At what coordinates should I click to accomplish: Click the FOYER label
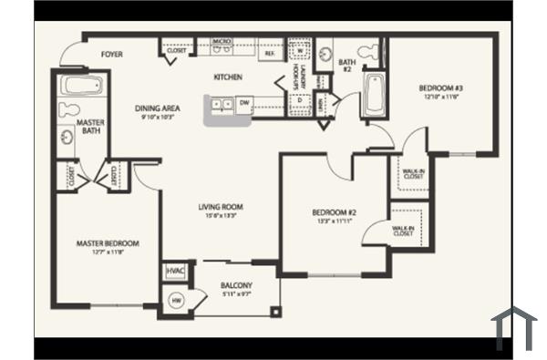[x=112, y=54]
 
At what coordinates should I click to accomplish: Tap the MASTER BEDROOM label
[x=108, y=243]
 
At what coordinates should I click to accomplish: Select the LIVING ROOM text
[x=221, y=207]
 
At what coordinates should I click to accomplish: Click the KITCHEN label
[x=228, y=77]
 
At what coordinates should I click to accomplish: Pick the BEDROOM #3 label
[x=441, y=88]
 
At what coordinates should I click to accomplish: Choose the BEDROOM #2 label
[x=333, y=213]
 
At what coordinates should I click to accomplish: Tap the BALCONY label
[x=236, y=286]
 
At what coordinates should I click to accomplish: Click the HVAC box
[x=175, y=272]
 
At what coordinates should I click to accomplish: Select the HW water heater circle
[x=175, y=298]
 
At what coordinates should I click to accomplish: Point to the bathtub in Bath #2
[x=374, y=97]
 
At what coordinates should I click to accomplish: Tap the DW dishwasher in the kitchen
[x=244, y=102]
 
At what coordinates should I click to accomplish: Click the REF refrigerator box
[x=270, y=54]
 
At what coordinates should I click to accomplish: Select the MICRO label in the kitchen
[x=220, y=42]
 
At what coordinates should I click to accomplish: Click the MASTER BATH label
[x=88, y=127]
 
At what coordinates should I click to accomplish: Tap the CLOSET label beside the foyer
[x=177, y=50]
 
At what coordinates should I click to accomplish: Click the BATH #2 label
[x=346, y=66]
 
